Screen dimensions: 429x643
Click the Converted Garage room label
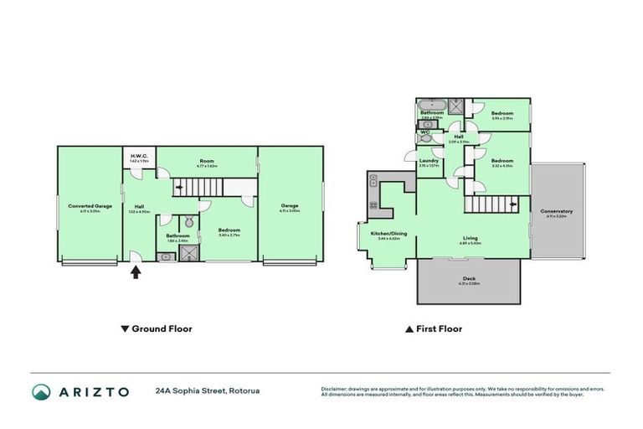(90, 206)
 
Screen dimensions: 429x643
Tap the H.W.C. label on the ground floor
(139, 155)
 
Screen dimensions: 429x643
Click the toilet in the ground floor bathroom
(189, 223)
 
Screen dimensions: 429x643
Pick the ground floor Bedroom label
(229, 230)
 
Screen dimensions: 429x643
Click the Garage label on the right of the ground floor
(290, 205)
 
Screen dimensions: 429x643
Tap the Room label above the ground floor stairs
(207, 161)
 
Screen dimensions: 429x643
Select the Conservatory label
(556, 211)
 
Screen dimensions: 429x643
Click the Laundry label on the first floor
(430, 161)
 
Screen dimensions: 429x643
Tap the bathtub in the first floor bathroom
(431, 105)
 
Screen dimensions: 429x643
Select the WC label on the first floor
(426, 132)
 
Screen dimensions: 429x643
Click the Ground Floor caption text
(162, 329)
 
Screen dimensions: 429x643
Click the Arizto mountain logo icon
(42, 391)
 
